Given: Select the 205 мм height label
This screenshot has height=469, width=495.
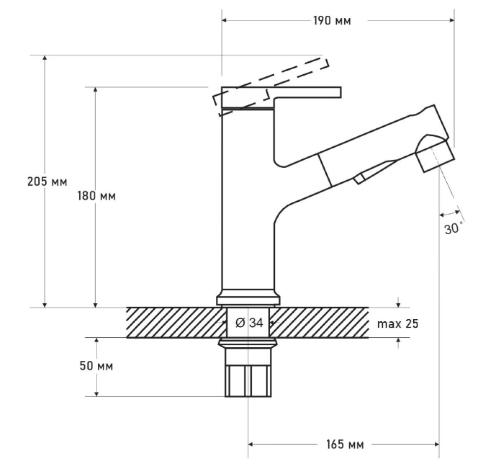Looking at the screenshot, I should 47,181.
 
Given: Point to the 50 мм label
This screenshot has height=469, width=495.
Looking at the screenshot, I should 96,366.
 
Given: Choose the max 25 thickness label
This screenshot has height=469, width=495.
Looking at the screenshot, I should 398,324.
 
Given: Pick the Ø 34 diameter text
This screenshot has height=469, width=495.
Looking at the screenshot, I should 249,323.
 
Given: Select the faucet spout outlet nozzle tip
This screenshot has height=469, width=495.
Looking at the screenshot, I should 436,156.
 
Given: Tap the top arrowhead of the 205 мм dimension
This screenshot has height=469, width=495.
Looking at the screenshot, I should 45,57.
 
